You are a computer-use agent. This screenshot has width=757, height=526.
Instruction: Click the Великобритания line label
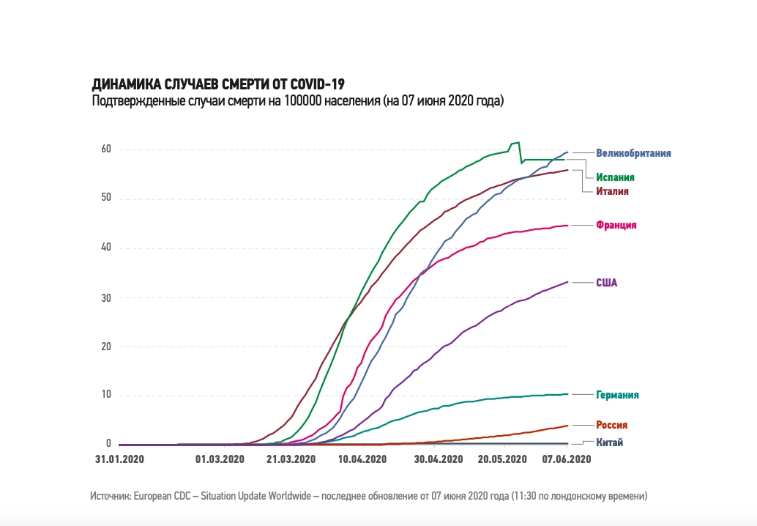point(633,153)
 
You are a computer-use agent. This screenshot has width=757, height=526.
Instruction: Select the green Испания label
point(614,177)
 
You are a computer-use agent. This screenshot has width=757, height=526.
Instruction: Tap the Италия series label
point(612,191)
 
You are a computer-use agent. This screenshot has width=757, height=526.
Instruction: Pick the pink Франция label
point(616,226)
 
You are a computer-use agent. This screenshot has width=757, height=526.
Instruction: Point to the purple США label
point(607,283)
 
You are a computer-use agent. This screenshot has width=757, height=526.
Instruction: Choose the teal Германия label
point(617,395)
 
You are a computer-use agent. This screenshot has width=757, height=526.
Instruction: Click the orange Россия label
point(611,425)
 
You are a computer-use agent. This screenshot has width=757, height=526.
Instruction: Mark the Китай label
point(610,442)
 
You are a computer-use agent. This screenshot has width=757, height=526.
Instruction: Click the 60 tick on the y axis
point(106,149)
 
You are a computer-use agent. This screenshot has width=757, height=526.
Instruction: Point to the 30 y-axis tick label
point(106,297)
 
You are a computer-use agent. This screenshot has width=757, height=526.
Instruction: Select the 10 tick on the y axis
point(106,396)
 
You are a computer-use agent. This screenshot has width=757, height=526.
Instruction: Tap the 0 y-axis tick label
point(108,444)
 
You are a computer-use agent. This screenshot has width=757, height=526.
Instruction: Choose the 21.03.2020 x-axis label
point(291,459)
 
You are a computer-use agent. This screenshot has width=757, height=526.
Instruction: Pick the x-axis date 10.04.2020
point(362,459)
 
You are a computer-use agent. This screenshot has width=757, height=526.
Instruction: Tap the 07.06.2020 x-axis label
point(566,459)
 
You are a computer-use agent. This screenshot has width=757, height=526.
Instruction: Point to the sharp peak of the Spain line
point(518,143)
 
